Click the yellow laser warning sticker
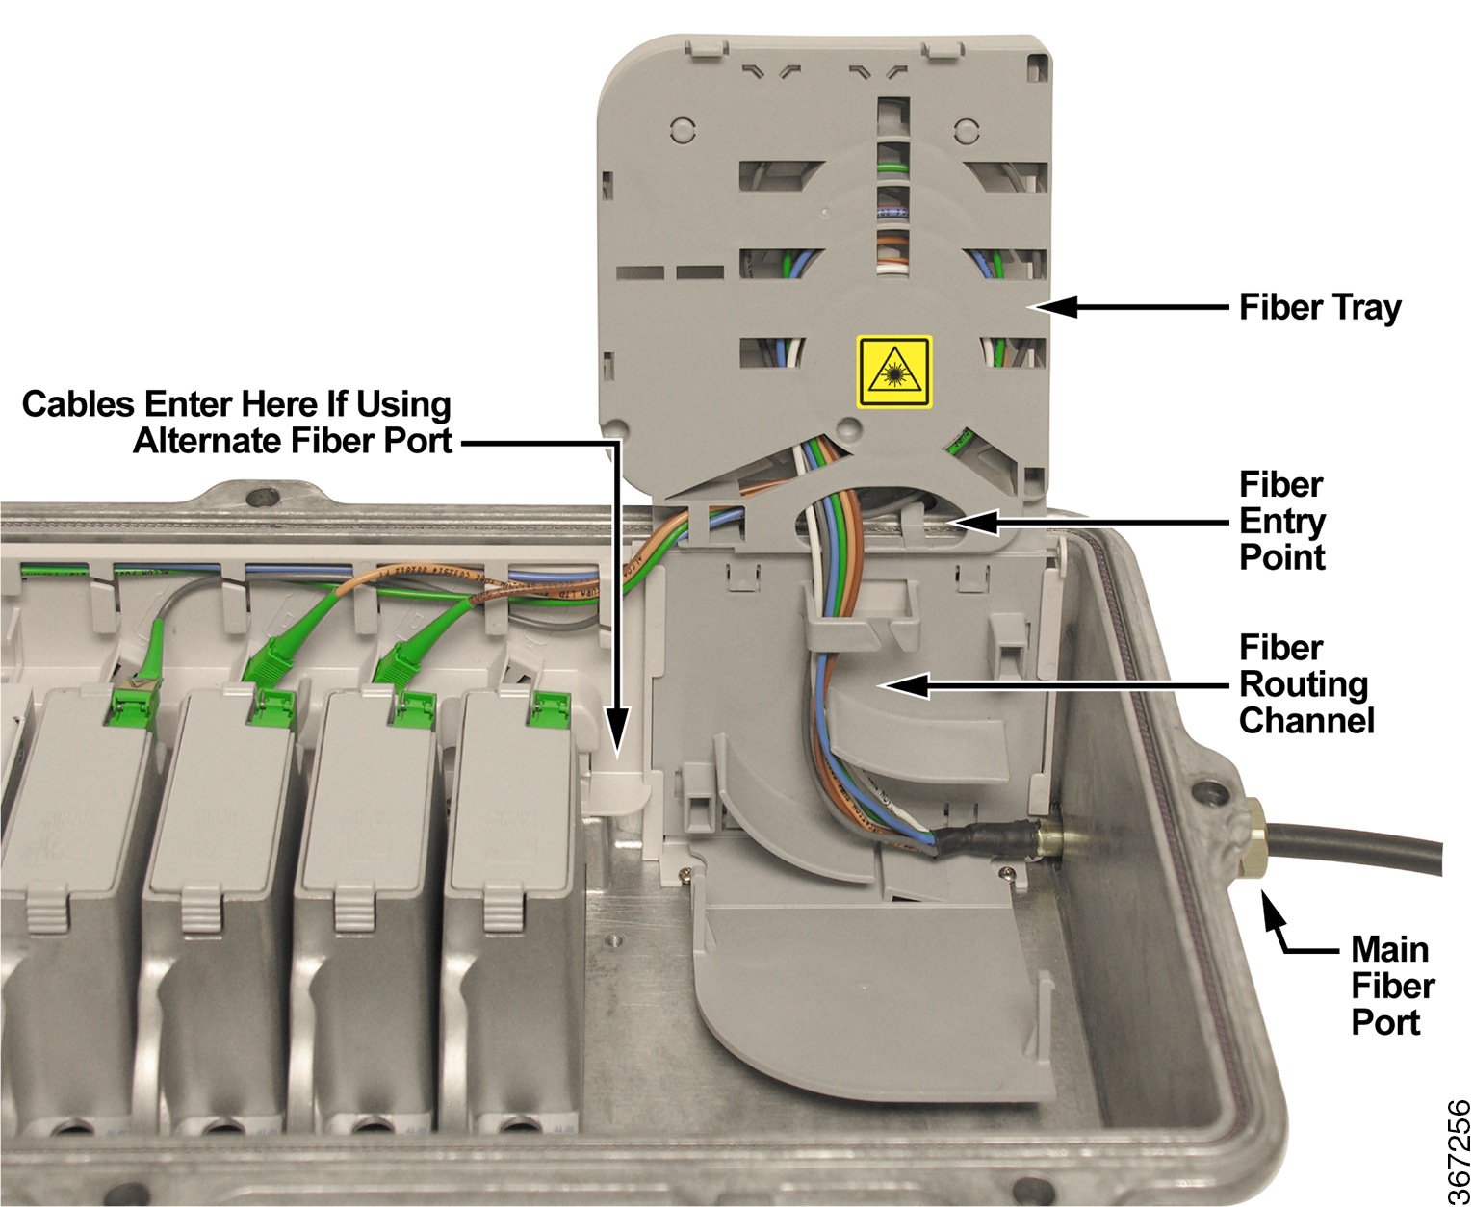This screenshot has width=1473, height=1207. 894,371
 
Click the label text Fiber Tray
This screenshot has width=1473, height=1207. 1319,308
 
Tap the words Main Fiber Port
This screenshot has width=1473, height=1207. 1392,986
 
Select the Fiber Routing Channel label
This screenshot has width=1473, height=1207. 1305,684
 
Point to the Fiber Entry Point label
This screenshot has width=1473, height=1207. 1282,521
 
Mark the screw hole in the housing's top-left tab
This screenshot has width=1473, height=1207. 257,499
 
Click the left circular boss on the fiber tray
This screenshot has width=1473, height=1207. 681,128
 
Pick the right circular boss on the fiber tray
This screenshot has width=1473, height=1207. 966,128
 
